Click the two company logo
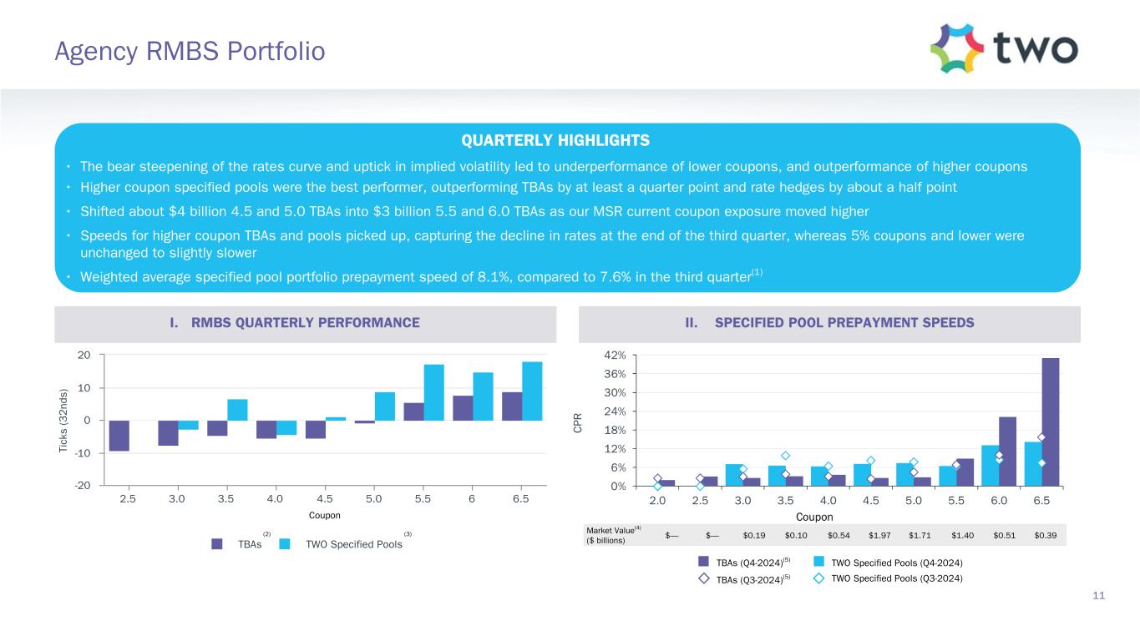1004,48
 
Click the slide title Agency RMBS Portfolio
189,53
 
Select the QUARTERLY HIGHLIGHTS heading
567,140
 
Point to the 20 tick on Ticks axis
84,356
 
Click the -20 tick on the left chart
83,486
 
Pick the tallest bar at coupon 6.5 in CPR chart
1050,421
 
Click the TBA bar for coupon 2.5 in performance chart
119,436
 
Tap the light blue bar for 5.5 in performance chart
433,392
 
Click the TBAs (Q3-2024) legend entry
747,578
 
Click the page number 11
1098,595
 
